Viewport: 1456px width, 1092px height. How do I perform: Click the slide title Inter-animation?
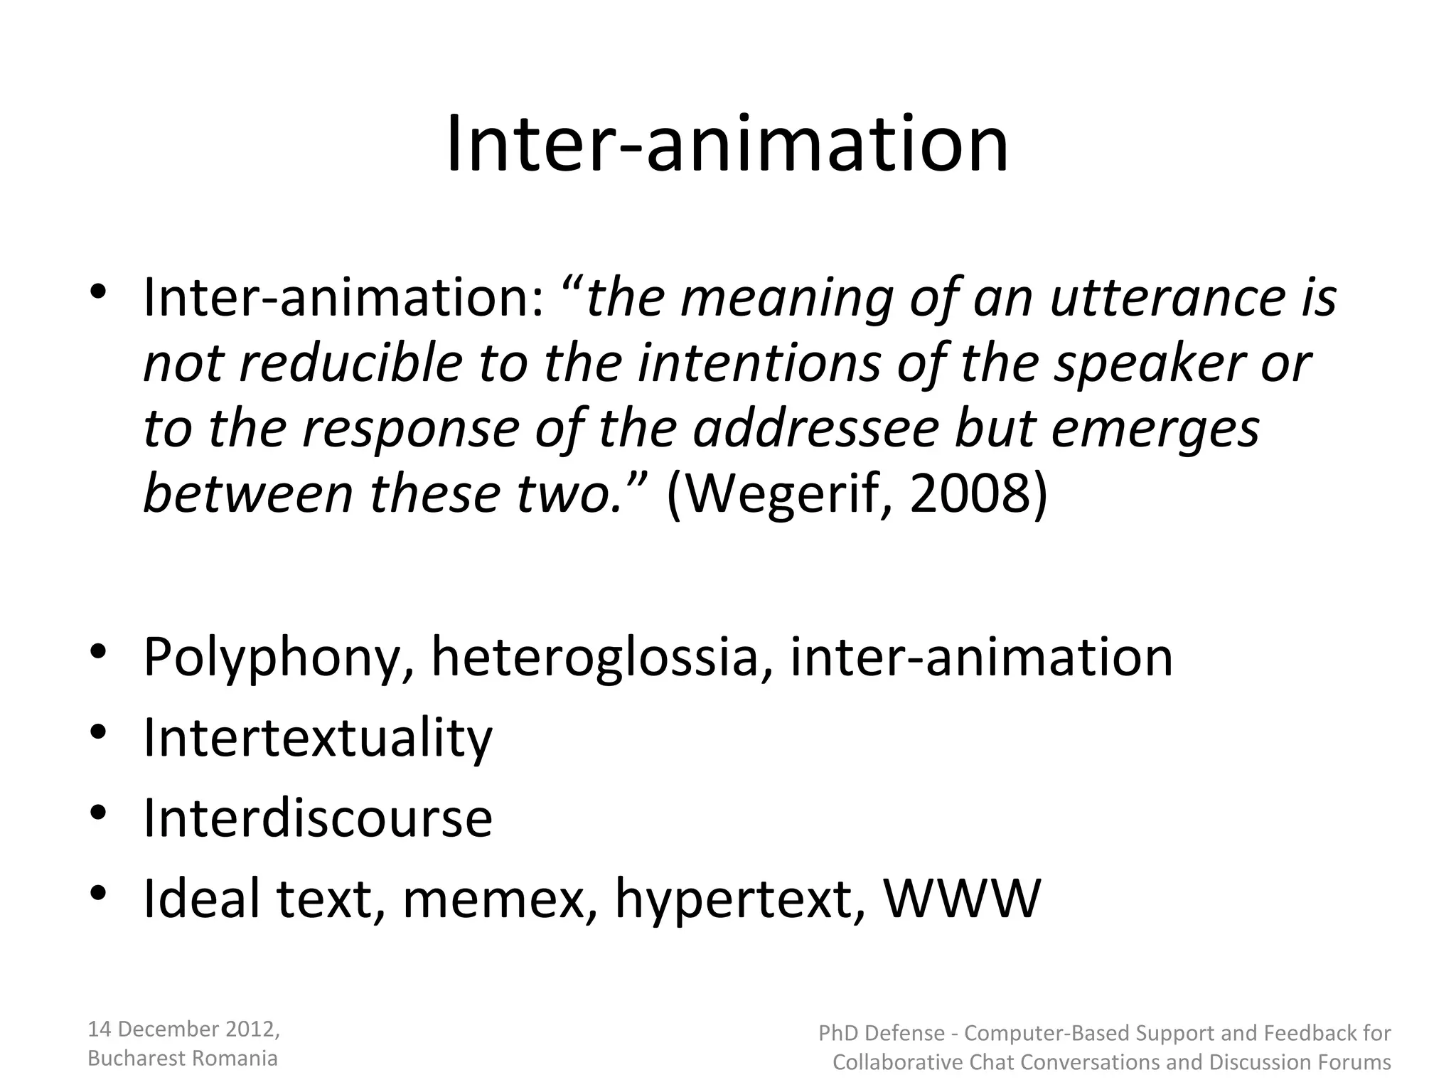click(x=727, y=144)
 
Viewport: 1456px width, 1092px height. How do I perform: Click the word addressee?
click(x=816, y=429)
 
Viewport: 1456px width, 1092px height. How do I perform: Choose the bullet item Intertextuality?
click(x=318, y=737)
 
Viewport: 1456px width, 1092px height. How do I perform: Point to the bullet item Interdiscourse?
click(x=318, y=818)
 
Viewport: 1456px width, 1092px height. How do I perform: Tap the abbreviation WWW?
click(x=961, y=899)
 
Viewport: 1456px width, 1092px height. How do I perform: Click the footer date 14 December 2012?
click(x=183, y=1029)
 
